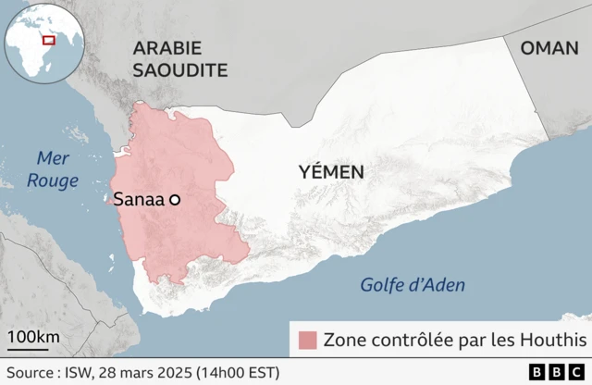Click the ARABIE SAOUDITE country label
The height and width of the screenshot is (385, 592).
coord(179,58)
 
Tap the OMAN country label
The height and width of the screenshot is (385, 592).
coord(549,48)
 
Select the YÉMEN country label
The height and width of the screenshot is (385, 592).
coord(331,171)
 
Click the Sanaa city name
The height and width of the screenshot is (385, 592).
coord(138,199)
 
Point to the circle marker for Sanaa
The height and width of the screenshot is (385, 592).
coord(173,199)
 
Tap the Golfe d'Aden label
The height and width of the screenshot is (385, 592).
coord(413,285)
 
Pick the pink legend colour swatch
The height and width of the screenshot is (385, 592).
coord(307,340)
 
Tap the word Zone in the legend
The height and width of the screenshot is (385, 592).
coord(344,340)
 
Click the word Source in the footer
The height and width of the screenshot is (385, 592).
coord(29,372)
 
